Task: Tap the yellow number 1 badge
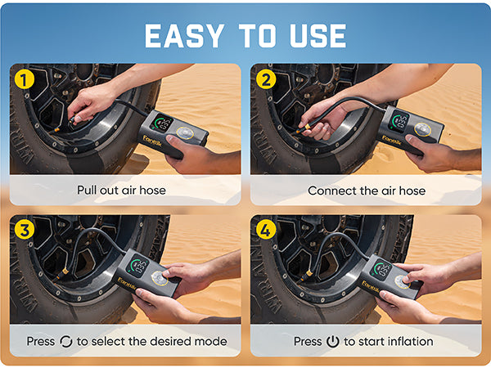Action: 25,79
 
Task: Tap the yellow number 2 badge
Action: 265,79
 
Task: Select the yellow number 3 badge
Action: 25,231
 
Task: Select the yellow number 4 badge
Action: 265,231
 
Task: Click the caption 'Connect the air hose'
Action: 367,190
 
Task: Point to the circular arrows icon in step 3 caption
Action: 66,341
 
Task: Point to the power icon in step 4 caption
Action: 332,341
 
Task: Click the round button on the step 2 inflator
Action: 423,129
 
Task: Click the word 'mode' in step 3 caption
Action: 211,341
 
